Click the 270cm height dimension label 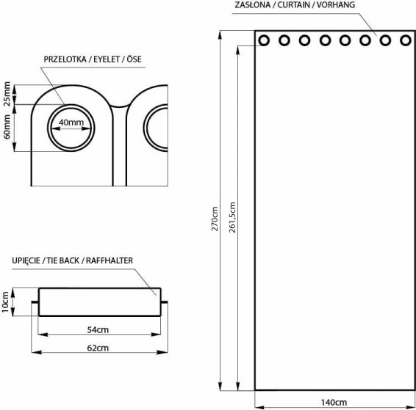tap(215, 219)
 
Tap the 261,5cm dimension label tap(232, 217)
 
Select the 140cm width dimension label tap(334, 403)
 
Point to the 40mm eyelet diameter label tap(71, 122)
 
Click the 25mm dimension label tap(7, 94)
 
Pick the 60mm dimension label tap(7, 126)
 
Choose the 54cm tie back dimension tap(98, 330)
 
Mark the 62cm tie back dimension tap(98, 348)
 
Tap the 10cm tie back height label tap(5, 302)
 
